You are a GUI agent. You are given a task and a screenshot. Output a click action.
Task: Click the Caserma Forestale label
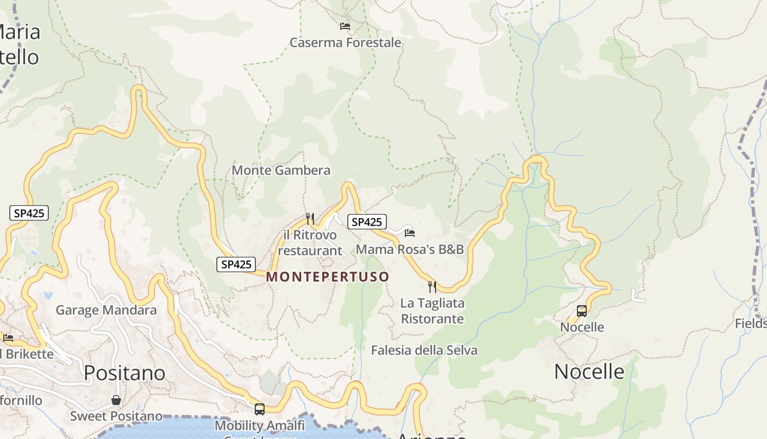click(345, 43)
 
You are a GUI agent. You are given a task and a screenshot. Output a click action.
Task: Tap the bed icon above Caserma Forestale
click(345, 26)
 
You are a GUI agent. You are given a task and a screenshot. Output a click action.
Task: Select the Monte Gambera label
click(281, 170)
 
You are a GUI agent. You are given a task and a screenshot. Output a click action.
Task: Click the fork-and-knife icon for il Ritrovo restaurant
click(310, 218)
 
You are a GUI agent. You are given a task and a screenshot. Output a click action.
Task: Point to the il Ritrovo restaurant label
click(310, 243)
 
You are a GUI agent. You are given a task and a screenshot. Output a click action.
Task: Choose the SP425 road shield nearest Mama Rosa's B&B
click(367, 222)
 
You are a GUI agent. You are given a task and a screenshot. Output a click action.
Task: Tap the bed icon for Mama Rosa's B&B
click(409, 233)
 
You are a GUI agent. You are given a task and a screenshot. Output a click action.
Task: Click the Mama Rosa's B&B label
click(410, 250)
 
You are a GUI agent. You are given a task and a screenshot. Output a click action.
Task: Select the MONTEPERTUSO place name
click(328, 277)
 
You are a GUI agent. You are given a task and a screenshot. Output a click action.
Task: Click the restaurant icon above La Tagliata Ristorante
click(432, 286)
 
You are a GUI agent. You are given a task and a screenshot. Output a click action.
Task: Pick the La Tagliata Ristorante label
click(432, 311)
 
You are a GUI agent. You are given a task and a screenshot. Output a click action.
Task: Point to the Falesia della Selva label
click(424, 350)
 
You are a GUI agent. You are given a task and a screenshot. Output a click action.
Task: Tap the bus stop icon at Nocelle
click(582, 311)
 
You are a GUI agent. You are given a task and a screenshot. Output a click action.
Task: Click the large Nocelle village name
click(589, 372)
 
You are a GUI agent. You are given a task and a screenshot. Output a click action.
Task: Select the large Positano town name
click(125, 373)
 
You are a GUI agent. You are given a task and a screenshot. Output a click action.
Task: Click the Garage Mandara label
click(106, 310)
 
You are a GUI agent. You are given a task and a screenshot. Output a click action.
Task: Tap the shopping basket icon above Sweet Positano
click(116, 400)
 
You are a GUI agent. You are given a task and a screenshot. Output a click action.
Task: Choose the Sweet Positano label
click(116, 417)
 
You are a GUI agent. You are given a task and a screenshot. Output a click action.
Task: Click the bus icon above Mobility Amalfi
click(260, 409)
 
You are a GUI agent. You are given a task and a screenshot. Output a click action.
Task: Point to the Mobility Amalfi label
click(260, 425)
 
